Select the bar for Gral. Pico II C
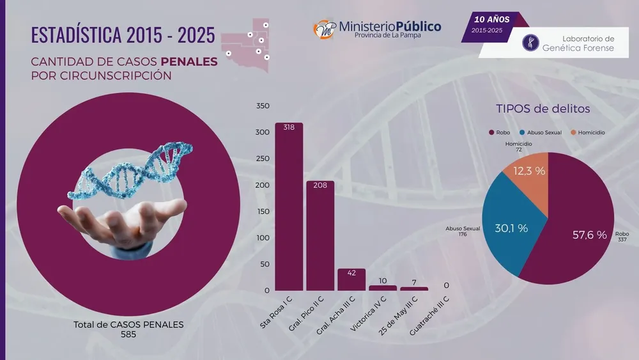coord(320,237)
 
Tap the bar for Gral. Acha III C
coord(351,279)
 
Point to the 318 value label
coord(289,128)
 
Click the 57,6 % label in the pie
coord(589,235)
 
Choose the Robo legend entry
coord(500,132)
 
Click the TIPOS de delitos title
coord(543,109)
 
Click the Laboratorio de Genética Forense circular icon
coord(530,43)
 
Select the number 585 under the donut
coord(128,334)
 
